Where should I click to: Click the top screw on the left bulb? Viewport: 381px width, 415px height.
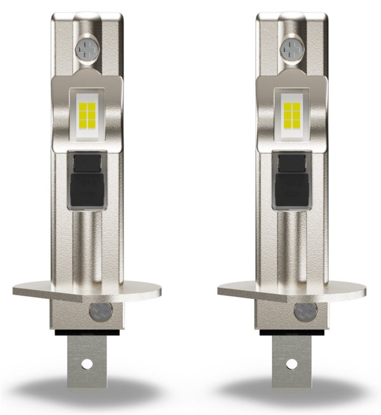87,49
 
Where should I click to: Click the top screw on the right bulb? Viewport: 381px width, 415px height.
291,49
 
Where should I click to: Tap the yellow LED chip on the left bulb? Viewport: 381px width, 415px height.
87,115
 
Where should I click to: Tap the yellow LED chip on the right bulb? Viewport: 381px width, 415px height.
291,115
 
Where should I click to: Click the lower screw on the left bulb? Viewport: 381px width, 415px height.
101,312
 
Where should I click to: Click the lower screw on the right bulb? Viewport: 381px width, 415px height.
305,312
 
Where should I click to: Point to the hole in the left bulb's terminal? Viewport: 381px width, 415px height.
87,364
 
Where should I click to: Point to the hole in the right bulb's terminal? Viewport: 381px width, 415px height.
291,364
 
